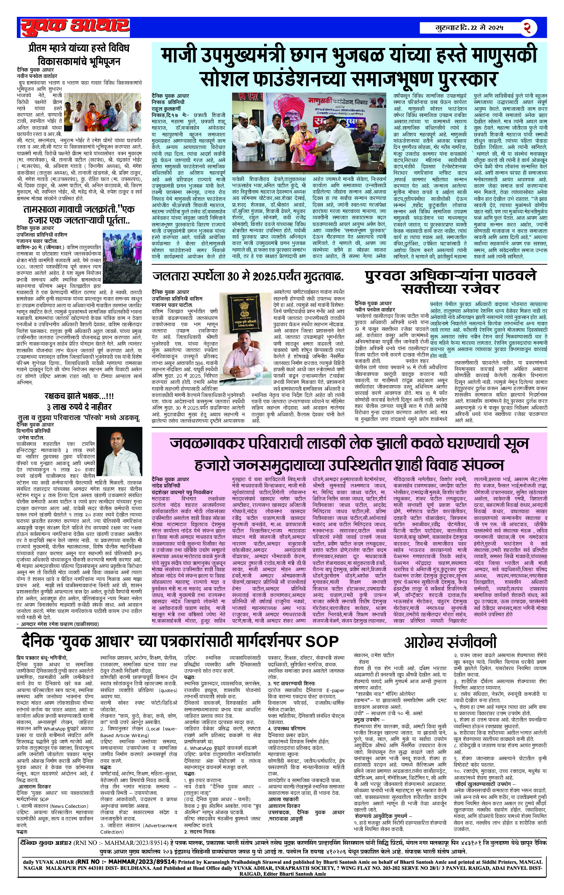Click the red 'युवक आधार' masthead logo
pyautogui.click(x=75, y=27)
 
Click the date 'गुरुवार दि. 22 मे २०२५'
pyautogui.click(x=469, y=28)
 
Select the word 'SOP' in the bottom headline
pyautogui.click(x=322, y=641)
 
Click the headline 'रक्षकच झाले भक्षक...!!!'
pyautogui.click(x=79, y=396)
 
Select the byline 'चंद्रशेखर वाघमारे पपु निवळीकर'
pyautogui.click(x=182, y=492)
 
